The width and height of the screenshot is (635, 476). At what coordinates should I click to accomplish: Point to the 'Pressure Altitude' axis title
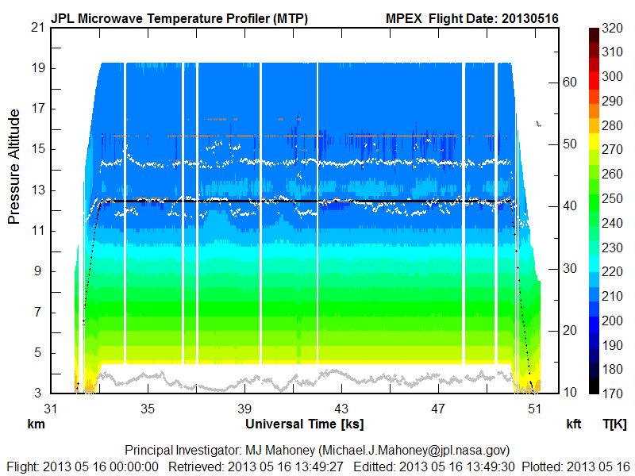coord(14,167)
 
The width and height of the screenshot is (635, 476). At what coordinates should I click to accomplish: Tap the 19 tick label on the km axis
coord(37,67)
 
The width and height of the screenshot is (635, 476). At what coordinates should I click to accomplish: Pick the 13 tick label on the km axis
coord(37,190)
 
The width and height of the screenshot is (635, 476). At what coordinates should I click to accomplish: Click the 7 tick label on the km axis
coord(40,312)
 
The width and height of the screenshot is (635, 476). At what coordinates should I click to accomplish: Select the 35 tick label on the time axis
coord(148,409)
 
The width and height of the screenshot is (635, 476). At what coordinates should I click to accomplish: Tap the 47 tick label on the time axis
coord(438,409)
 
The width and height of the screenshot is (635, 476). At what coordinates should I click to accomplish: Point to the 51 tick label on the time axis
coord(535,409)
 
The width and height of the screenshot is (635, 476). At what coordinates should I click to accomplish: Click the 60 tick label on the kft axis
coord(569,82)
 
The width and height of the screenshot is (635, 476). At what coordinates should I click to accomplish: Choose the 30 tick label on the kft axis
coord(569,268)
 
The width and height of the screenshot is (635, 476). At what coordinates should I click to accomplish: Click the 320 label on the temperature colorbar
coord(613,27)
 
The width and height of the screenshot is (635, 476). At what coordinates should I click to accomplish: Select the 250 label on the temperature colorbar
coord(613,198)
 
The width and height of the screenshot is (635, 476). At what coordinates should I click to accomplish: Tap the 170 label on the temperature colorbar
coord(613,393)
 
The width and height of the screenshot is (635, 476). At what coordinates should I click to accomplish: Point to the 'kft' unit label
coord(573,424)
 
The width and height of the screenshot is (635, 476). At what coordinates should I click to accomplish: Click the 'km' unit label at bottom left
coord(35,424)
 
